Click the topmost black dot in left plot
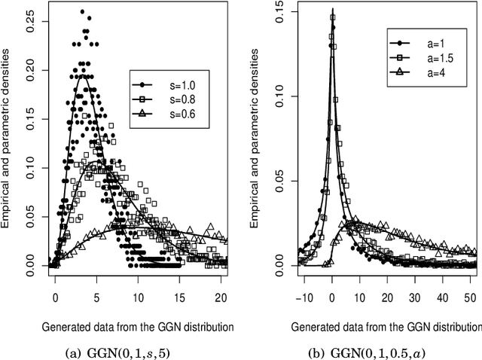click(82, 12)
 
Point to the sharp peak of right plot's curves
click(332, 10)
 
